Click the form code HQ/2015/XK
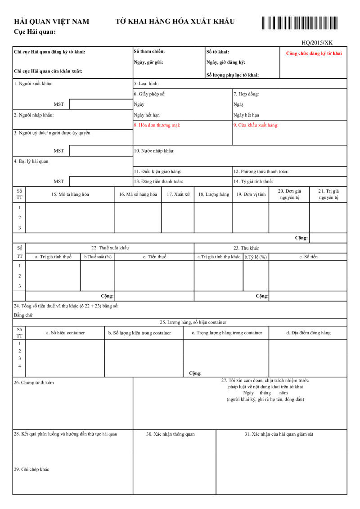point(317,43)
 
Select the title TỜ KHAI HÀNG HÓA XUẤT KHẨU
point(175,21)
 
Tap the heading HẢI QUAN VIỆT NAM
point(52,22)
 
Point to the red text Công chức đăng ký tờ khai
point(314,53)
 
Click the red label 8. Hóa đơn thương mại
point(157,125)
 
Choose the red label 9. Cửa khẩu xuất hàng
point(256,125)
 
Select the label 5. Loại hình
point(146,83)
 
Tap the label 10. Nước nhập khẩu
point(154,151)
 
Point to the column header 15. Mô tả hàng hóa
point(70,194)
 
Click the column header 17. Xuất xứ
point(178,194)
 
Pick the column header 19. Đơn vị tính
point(251,194)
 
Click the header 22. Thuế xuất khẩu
point(110,248)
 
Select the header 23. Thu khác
point(246,248)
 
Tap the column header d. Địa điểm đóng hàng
point(308,333)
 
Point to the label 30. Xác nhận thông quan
point(171,434)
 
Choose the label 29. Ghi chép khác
point(31,469)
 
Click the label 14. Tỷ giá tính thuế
point(253,181)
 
